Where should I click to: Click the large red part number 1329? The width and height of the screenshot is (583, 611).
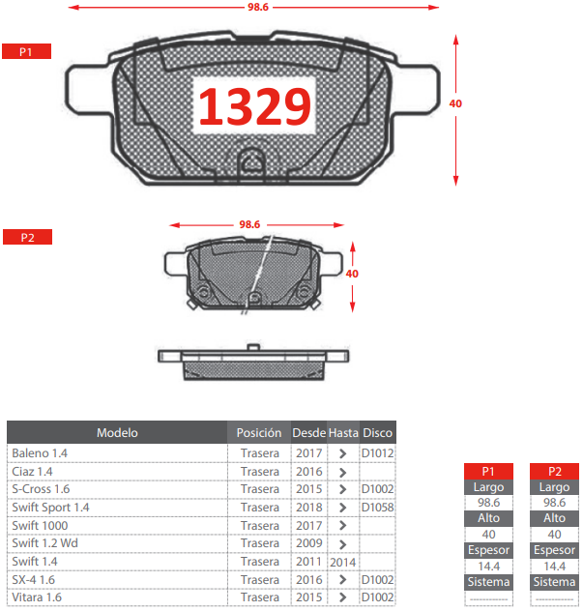pos(254,106)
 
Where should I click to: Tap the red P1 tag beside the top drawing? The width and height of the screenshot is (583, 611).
pos(26,51)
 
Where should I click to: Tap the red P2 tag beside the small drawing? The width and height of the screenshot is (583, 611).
pos(26,237)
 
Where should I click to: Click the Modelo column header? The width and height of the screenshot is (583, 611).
pos(117,433)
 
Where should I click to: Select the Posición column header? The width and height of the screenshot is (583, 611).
pos(259,433)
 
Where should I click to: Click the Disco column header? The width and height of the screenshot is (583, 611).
pos(377,433)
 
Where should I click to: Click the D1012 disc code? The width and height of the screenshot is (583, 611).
pos(377,452)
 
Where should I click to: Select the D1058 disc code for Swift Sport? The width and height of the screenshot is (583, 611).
pos(377,507)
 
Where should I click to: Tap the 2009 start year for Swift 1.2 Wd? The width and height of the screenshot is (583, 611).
pos(309,543)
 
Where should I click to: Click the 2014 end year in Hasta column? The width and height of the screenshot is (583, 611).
pos(343,562)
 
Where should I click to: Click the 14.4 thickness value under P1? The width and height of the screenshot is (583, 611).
pos(488,566)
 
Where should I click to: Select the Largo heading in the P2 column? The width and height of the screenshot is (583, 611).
pos(555,487)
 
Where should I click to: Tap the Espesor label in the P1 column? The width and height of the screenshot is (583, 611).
pos(488,550)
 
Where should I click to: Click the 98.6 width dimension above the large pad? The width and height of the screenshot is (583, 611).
pos(257,7)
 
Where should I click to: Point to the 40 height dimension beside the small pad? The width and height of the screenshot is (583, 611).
pos(352,274)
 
